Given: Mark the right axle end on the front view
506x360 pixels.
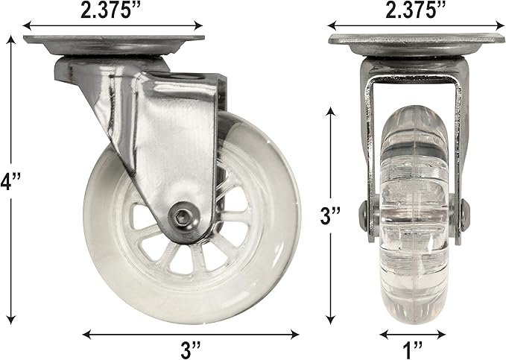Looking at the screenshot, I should click(467, 217).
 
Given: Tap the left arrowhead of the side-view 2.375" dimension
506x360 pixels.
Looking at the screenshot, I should click(28, 25).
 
